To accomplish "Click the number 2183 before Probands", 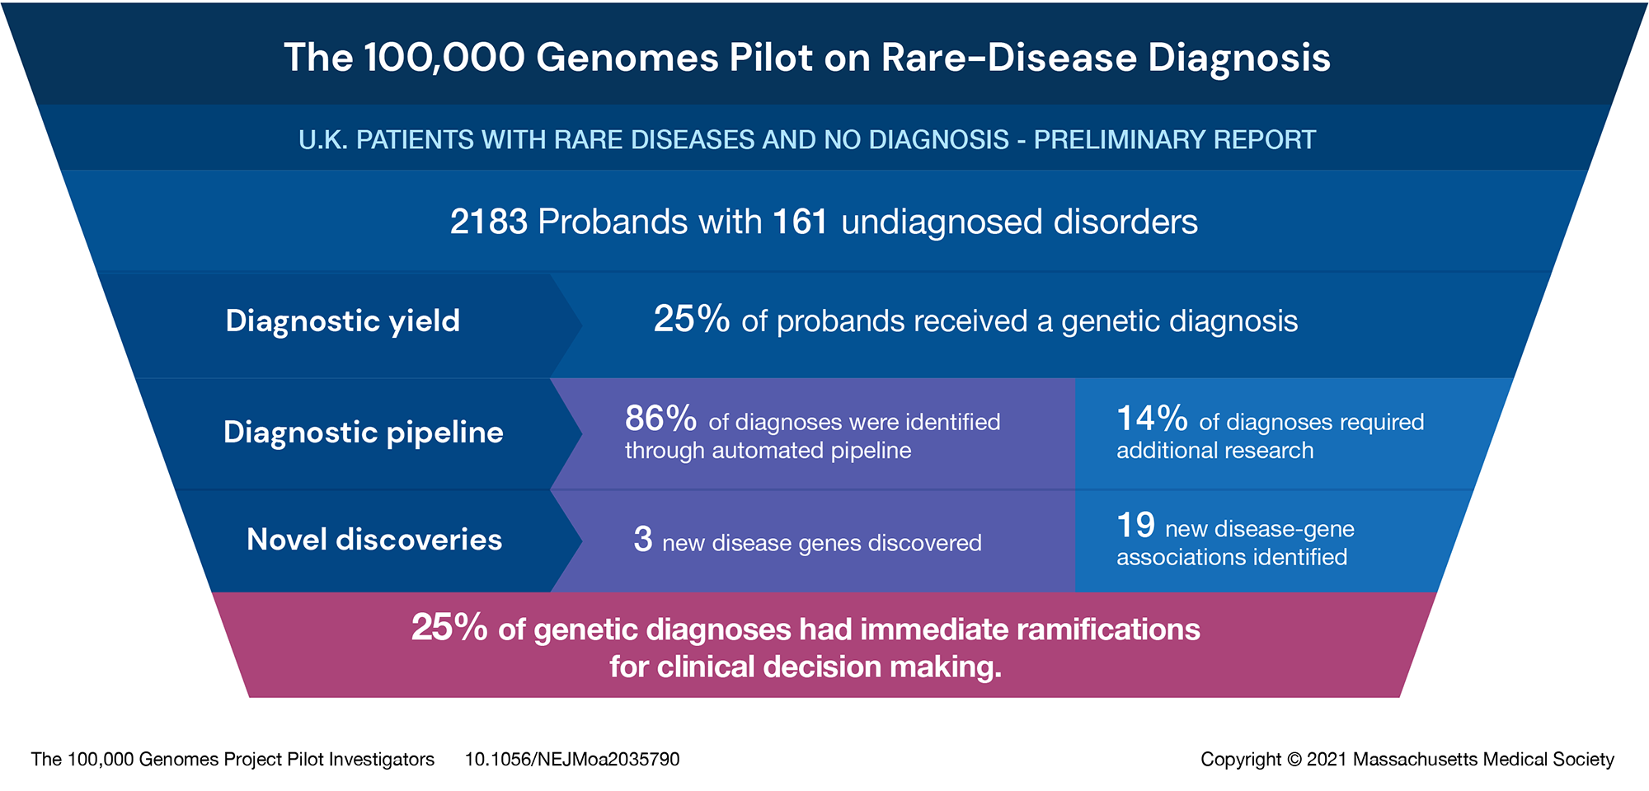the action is point(488,222).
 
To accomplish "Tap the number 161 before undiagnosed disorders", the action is point(800,222).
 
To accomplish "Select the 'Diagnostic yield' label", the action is point(343,321).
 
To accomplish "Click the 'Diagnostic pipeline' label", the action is point(364,433).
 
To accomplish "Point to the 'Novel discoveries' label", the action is point(374,540).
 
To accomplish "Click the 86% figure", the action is point(660,419).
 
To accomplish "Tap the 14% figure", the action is point(1152,419).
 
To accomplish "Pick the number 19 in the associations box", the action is point(1136,525).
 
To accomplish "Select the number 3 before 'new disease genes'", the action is point(643,540).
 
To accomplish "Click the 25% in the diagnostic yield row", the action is point(691,320).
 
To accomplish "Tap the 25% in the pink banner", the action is point(449,627).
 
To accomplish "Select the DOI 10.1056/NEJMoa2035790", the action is point(572,759).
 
